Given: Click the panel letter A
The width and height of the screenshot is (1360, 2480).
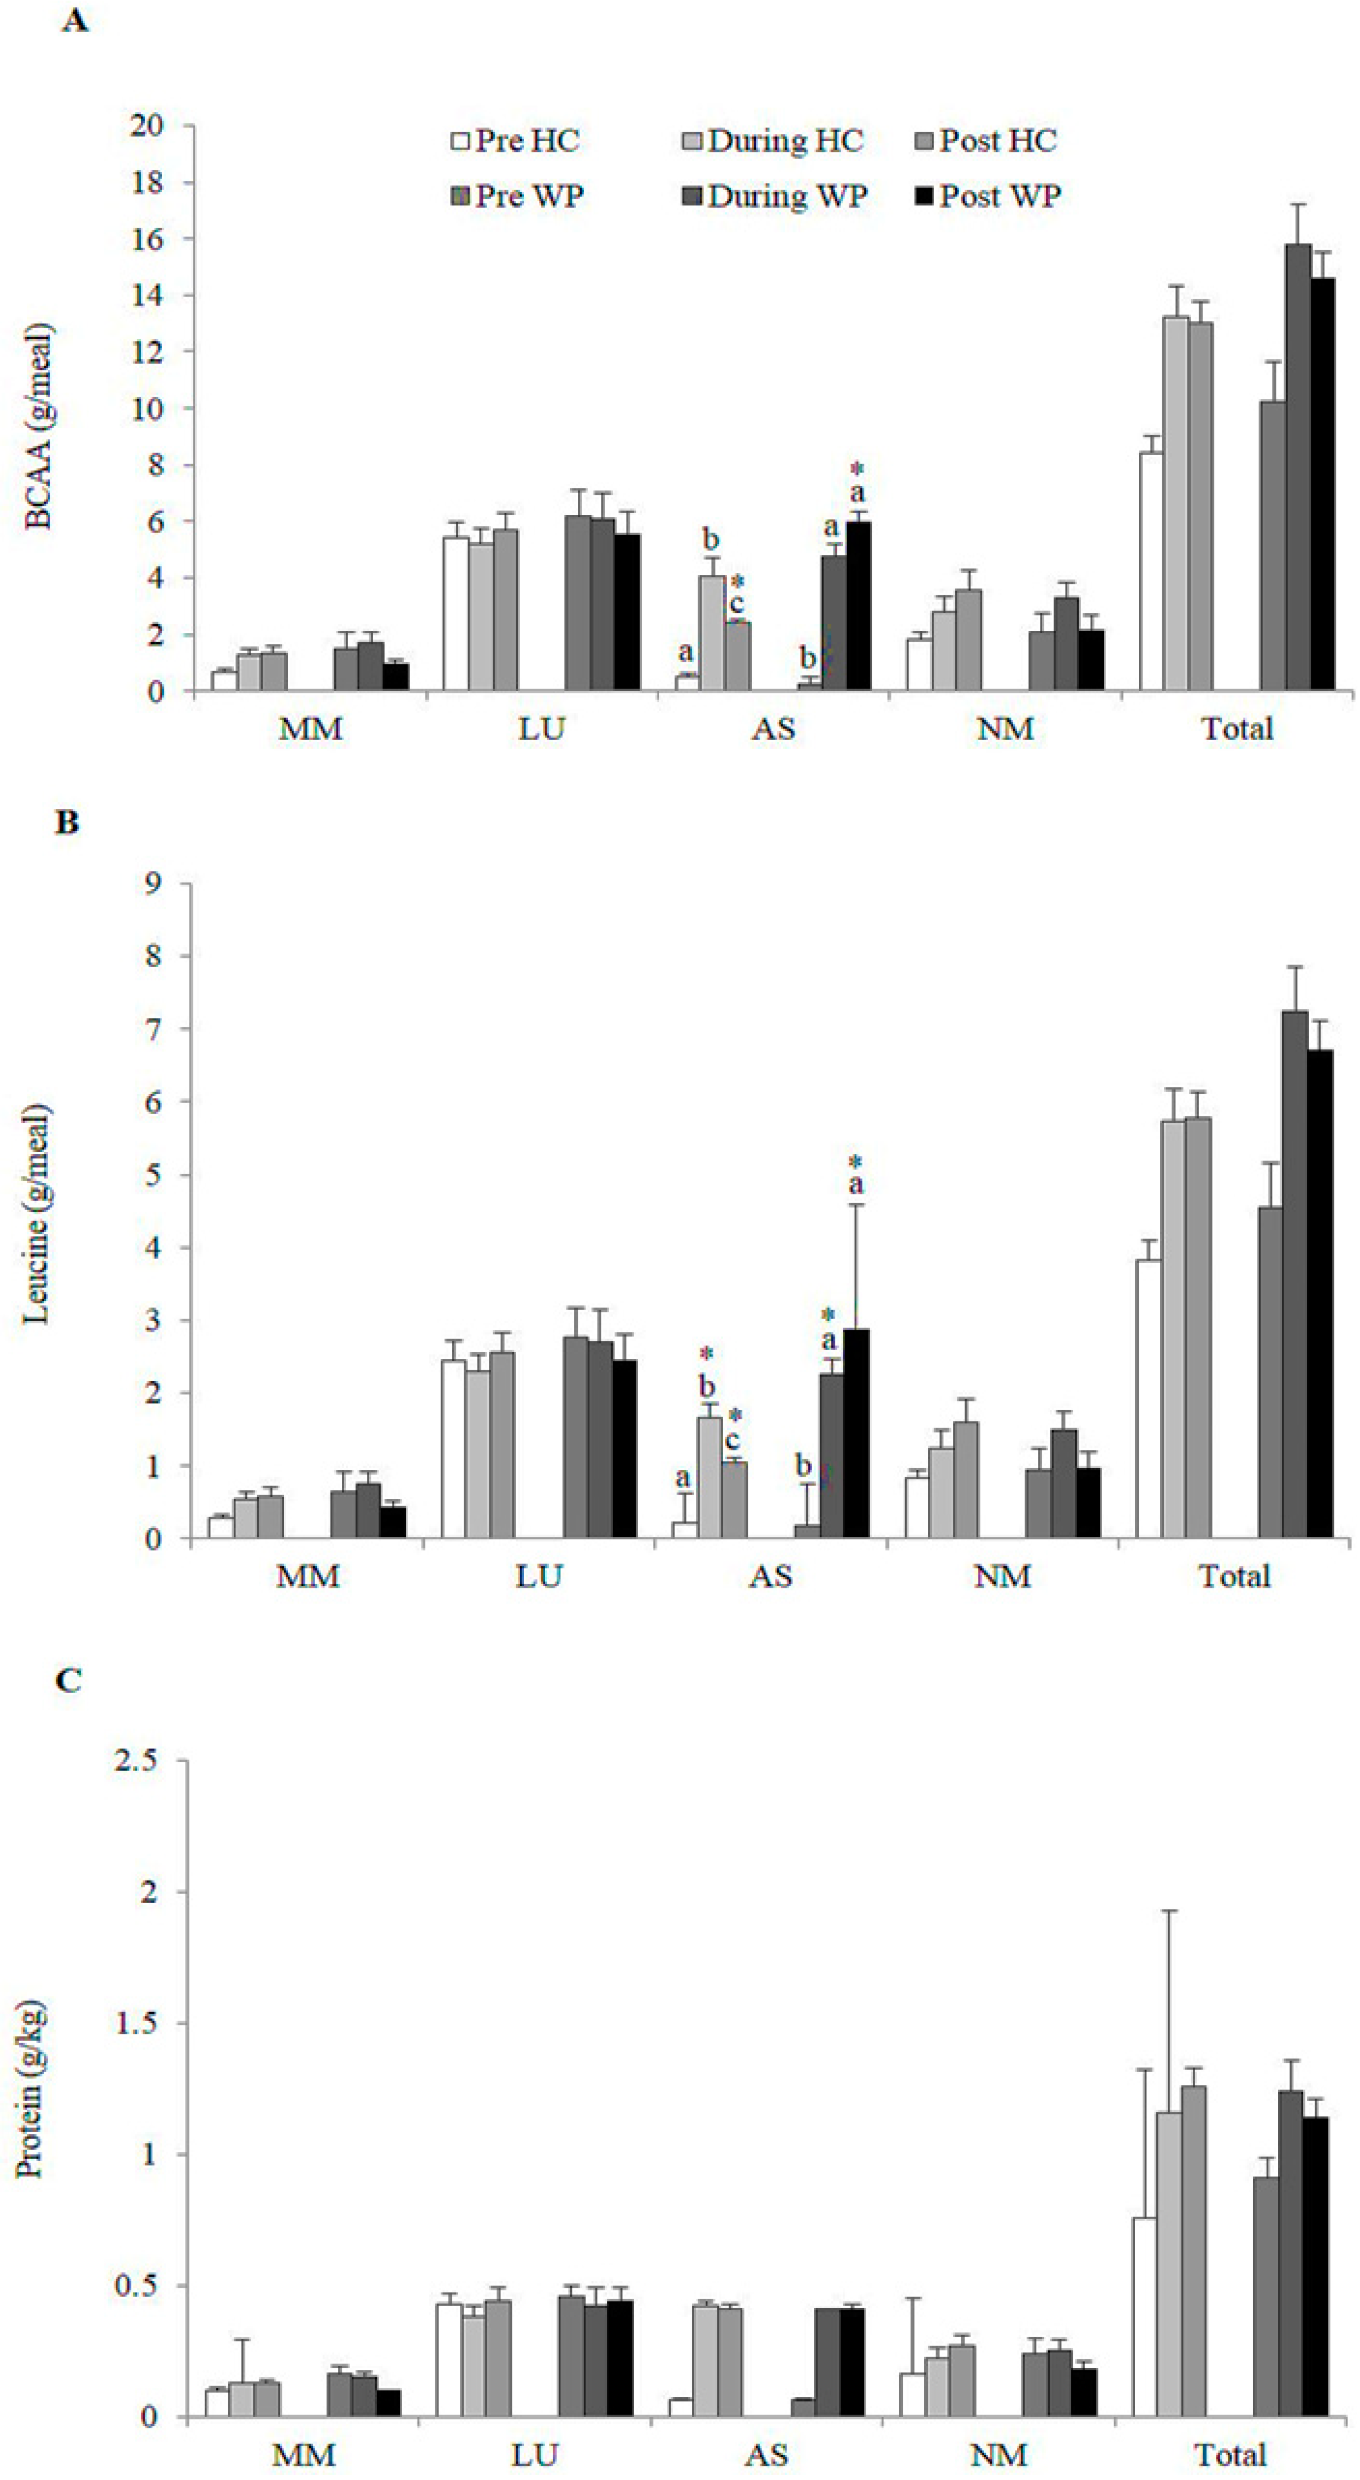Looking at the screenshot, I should point(75,21).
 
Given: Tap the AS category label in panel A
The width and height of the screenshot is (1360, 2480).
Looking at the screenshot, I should point(774,729).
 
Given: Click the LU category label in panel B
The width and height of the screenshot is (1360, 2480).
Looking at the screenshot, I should point(539,1576).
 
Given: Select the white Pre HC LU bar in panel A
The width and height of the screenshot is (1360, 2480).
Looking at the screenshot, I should point(456,613).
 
